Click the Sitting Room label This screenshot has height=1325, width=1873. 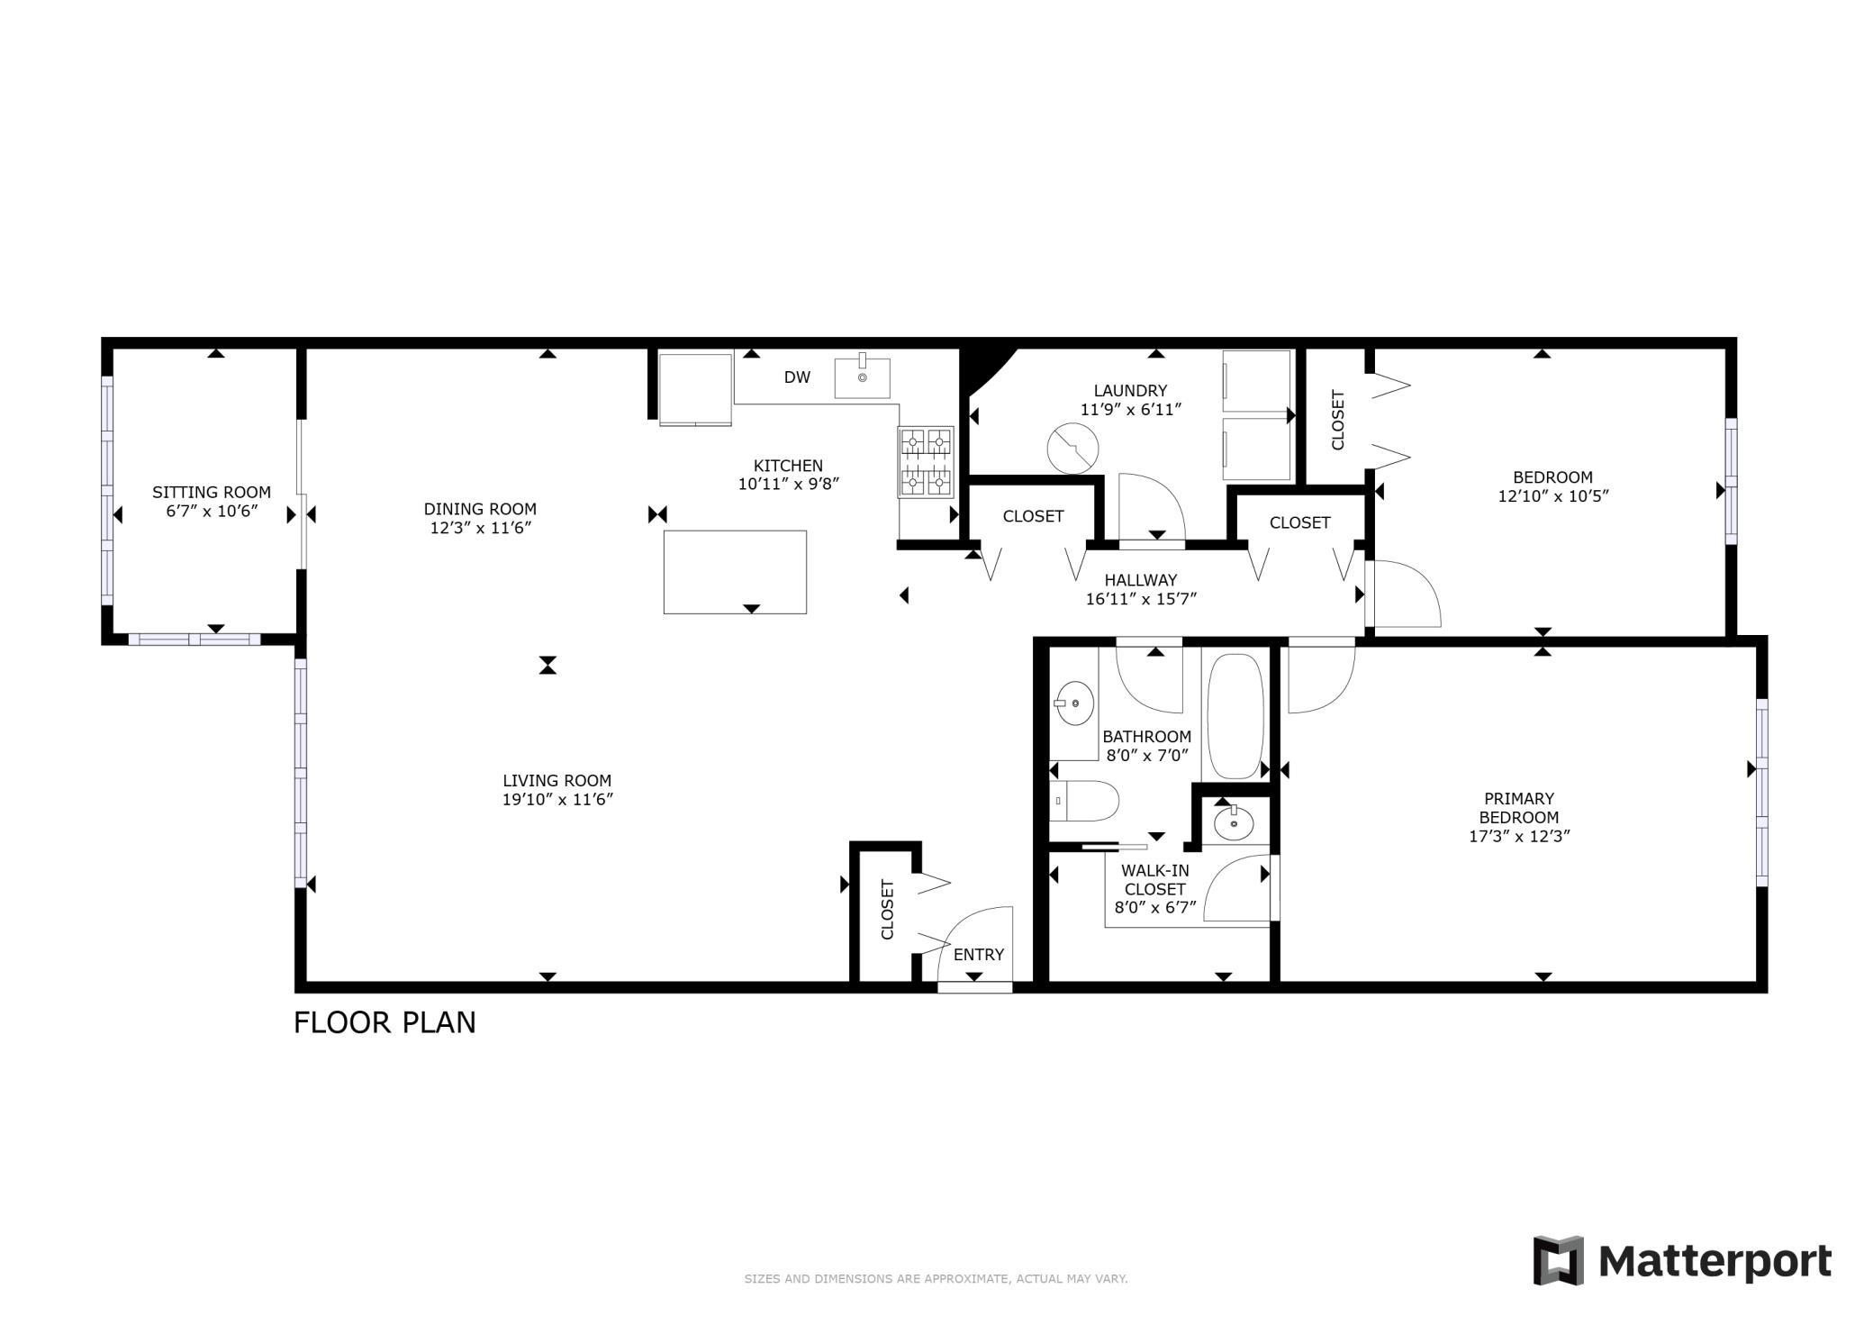coord(211,492)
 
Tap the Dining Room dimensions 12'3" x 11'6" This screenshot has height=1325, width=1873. coord(480,528)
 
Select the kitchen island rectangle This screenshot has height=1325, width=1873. coord(734,571)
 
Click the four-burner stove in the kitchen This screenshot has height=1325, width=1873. coord(926,462)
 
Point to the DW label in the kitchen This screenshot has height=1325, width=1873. coord(797,377)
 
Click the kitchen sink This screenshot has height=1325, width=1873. coord(862,377)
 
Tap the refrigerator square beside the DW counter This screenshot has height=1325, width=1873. coord(694,388)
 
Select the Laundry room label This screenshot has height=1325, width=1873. coord(1130,390)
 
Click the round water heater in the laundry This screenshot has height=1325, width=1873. coord(1072,449)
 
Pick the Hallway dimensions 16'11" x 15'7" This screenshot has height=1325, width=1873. coord(1141,599)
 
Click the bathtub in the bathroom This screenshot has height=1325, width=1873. coord(1235,717)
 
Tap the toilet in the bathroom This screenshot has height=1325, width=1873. coord(1085,801)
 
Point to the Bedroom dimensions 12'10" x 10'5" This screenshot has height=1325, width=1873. coord(1552,496)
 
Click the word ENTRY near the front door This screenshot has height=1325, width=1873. coord(978,955)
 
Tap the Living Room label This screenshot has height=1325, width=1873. coord(556,781)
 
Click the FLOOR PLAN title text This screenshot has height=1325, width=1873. coord(385,1023)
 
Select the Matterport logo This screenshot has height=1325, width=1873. coord(1681,1261)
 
